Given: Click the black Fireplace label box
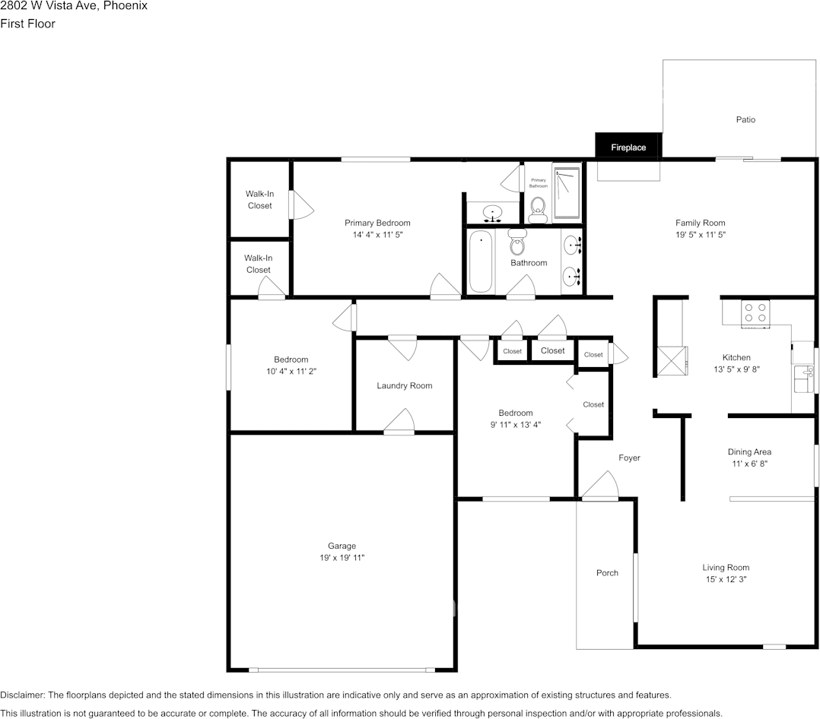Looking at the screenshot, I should [x=628, y=147].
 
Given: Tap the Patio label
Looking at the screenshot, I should [x=745, y=119].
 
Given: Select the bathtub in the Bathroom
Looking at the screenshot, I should [x=481, y=262].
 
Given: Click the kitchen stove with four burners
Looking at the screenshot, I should [x=755, y=312].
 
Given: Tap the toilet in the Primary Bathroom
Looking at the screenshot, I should [x=538, y=207].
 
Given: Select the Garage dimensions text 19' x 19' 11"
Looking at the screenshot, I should [x=342, y=558].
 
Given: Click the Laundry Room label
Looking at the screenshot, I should [x=404, y=385].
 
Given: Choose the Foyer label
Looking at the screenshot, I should [x=629, y=458].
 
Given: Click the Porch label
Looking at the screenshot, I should [x=607, y=572].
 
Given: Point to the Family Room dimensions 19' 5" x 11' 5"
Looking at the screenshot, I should [x=701, y=235].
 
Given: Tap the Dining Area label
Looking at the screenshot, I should [x=749, y=451].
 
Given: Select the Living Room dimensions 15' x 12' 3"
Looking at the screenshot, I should [x=725, y=579].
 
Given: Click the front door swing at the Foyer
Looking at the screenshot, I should [x=600, y=486].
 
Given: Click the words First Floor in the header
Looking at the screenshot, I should [x=27, y=24].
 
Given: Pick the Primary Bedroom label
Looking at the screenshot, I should [x=377, y=223].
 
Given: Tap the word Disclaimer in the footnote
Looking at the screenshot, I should [x=22, y=695].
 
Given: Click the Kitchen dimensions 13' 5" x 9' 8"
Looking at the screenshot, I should [x=736, y=369].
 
